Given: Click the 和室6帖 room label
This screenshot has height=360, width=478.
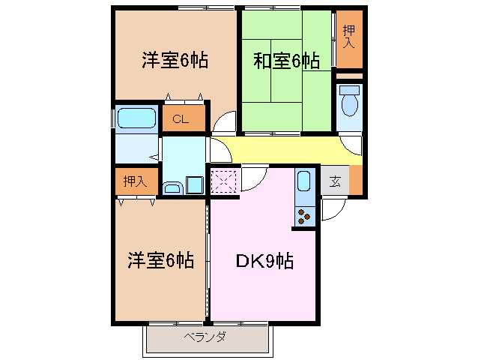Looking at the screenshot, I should click(285, 61).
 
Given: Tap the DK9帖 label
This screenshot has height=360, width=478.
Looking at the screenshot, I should click(264, 262).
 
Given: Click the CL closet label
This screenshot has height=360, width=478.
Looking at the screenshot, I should click(180, 118).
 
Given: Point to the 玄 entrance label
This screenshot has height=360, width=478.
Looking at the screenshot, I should click(335, 180).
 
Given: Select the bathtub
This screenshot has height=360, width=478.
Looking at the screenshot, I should click(136, 118).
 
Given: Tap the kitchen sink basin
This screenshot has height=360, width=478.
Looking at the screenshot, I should click(303, 181).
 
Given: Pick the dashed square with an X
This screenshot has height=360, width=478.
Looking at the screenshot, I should click(224, 181).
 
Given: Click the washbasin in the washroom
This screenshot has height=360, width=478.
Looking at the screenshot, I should click(173, 187).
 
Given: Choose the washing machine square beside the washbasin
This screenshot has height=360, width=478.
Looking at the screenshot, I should click(195, 184).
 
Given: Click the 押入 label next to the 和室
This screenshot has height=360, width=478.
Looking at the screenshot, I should click(349, 36).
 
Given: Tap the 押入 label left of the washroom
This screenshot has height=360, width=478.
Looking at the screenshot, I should click(136, 181).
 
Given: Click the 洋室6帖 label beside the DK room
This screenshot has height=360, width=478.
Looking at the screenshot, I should click(160, 261).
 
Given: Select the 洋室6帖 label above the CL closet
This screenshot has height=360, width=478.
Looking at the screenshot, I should click(175, 61).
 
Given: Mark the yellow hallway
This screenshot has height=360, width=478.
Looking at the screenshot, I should click(285, 150).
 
